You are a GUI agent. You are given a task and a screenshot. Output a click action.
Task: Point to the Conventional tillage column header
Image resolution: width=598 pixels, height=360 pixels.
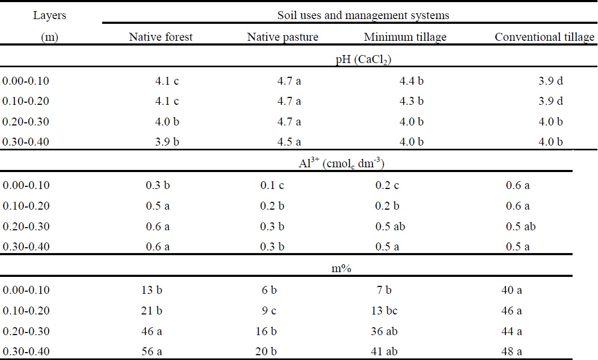[545, 37]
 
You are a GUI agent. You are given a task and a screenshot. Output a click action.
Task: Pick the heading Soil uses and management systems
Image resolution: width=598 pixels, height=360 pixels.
[363, 15]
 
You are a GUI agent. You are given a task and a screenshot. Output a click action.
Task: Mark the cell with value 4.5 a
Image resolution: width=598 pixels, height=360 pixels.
[288, 142]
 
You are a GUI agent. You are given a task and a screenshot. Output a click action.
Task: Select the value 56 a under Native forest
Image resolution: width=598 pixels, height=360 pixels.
[153, 351]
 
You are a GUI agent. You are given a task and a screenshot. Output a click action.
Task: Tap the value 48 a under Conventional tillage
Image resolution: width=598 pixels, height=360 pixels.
[511, 351]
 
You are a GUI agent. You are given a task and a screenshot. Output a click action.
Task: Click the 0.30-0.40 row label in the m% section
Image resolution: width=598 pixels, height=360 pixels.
[25, 351]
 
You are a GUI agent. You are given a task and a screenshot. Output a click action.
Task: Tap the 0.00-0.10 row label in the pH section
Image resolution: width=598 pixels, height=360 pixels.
[25, 82]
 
